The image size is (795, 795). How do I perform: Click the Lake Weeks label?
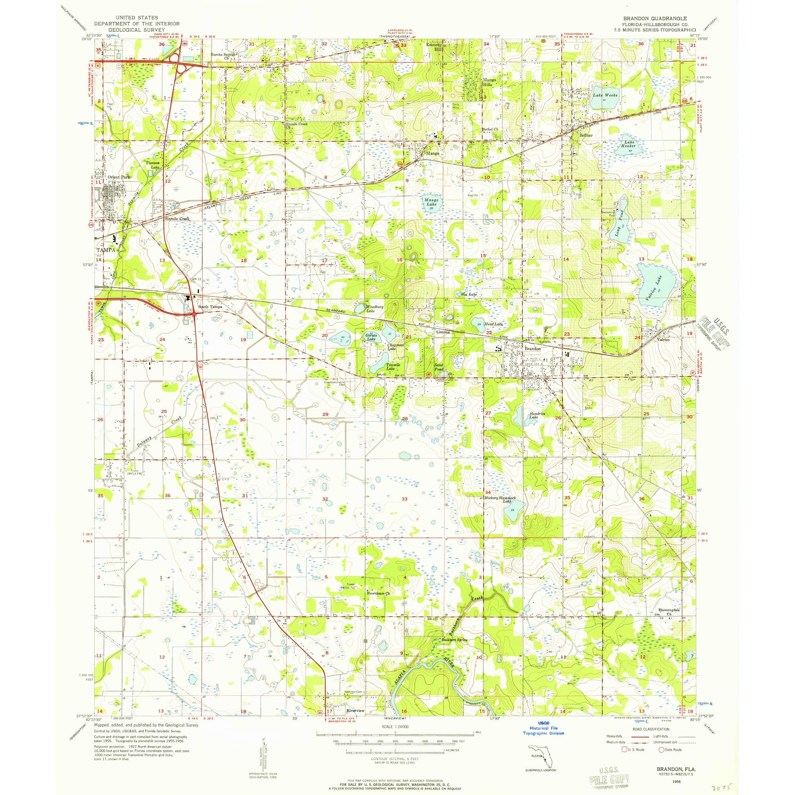point(605,95)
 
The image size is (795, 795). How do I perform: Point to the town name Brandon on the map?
point(533,349)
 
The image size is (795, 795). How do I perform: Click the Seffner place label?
point(586,135)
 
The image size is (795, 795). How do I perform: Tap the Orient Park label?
point(118,177)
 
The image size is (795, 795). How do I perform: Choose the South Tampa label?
point(210,306)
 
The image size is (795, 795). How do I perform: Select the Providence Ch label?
point(378,593)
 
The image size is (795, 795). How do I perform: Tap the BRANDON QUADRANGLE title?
point(654,19)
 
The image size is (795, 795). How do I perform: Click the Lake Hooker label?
point(628,143)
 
